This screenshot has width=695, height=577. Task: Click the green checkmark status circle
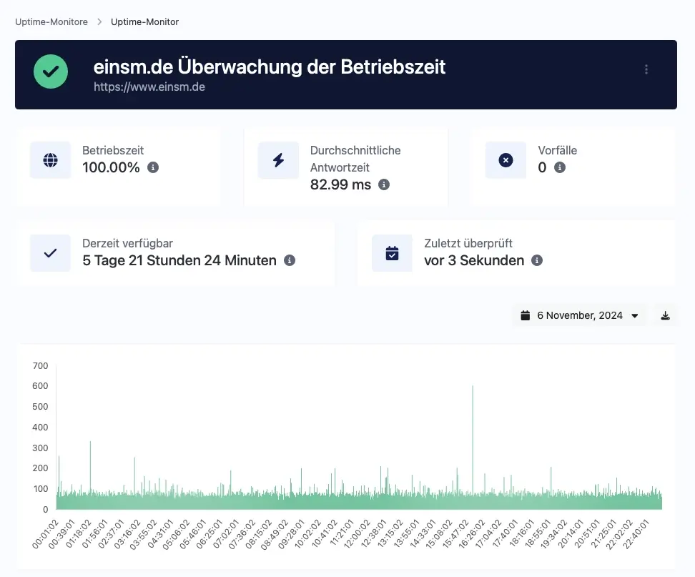51,71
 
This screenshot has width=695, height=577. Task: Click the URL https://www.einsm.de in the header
149,87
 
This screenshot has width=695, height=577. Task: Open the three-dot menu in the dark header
646,69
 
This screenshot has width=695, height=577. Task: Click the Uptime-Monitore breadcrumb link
51,21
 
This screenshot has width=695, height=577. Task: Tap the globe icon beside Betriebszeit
51,160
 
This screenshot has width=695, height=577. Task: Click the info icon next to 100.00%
153,167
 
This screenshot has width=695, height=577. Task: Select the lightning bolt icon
278,160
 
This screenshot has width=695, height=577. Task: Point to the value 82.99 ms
340,184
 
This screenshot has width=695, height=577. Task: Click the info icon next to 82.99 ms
384,184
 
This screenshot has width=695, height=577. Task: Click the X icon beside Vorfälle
506,160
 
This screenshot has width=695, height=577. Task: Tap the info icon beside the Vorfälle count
560,167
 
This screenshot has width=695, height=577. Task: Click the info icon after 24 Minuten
290,260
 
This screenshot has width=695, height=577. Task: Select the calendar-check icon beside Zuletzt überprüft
393,253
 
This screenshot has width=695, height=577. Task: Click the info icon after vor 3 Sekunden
537,260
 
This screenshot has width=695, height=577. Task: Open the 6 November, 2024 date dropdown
580,315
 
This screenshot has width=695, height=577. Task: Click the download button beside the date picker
665,315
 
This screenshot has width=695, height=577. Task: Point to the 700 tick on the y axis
40,365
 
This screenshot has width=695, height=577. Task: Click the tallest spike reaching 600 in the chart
473,439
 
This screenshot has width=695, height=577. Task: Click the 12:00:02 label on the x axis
357,534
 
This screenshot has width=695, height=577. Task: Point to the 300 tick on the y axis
40,448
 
